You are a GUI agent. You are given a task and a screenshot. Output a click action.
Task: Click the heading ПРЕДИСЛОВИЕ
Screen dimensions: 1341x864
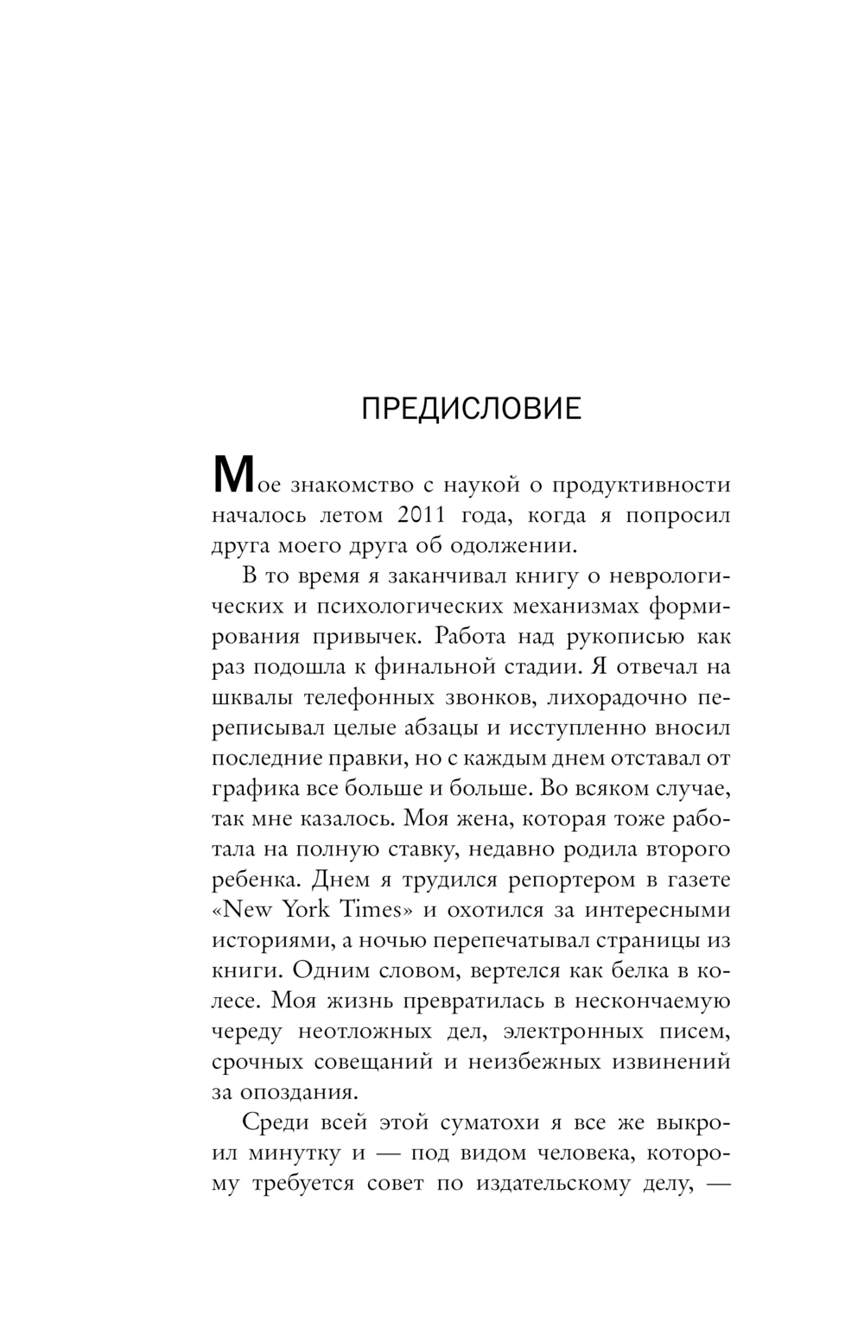point(471,409)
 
